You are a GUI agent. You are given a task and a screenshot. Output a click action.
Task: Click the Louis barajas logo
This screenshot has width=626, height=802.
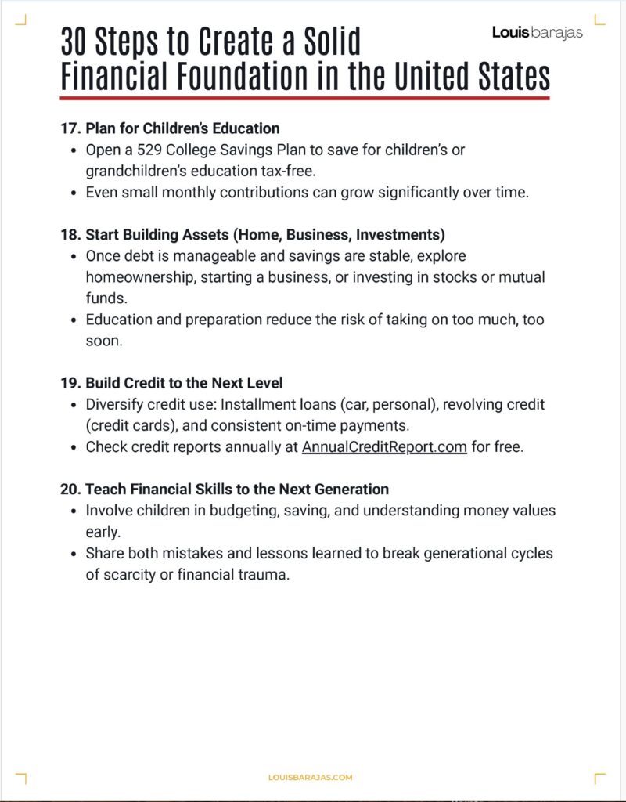tap(537, 32)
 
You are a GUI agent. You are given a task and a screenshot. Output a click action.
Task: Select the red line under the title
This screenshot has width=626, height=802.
tap(304, 99)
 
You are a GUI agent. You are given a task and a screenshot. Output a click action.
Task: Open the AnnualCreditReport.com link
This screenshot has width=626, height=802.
tap(384, 447)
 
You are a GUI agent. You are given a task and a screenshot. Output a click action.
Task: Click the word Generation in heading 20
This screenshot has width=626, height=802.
tap(348, 490)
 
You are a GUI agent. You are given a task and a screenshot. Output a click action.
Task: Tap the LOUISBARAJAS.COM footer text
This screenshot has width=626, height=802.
tap(311, 777)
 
